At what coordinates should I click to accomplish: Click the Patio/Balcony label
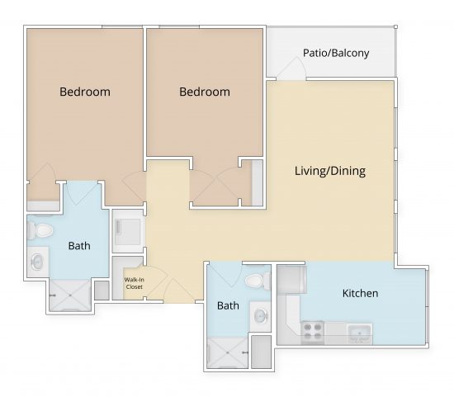335,53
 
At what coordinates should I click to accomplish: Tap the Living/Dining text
329,172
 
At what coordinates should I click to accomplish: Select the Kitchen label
360,293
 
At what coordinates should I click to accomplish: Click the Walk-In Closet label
134,284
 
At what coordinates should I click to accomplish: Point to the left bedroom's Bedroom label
84,92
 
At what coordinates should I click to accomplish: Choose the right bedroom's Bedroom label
204,92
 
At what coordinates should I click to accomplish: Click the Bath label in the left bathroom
79,245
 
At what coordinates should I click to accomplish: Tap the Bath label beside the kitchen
228,305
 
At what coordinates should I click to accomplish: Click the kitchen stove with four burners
312,332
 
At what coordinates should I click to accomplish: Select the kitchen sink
360,333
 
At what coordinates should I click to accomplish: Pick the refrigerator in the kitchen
290,280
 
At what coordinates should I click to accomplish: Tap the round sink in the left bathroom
38,262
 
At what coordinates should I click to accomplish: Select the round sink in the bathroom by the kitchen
260,315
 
